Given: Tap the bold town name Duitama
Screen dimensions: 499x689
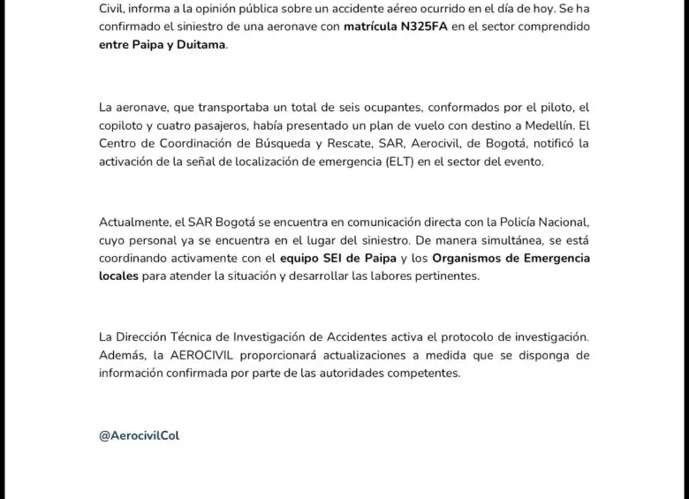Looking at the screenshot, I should (x=201, y=44).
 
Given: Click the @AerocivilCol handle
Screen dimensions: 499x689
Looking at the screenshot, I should (x=140, y=435).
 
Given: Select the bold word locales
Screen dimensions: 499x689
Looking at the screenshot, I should (x=119, y=276).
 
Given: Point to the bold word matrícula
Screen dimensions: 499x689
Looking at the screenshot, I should (x=375, y=27).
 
